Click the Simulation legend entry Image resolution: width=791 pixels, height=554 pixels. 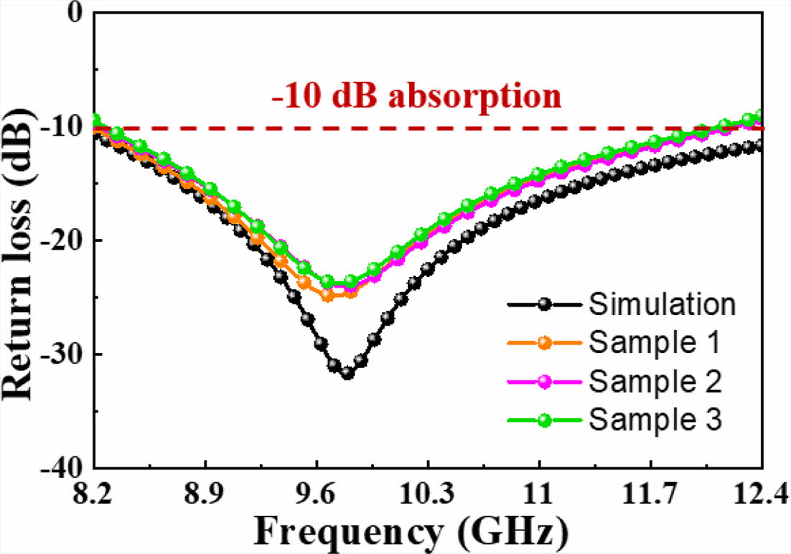coord(662,304)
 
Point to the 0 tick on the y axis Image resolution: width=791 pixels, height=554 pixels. coord(72,13)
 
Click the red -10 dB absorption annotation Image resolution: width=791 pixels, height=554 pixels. coord(416,96)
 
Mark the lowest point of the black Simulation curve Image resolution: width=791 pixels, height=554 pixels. coord(347,373)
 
